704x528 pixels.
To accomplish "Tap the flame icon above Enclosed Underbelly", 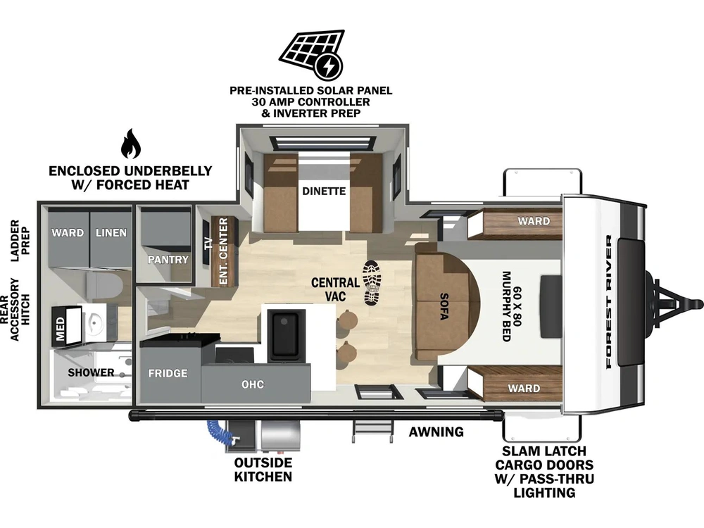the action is click(131, 144).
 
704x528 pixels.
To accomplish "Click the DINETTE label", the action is click(324, 191).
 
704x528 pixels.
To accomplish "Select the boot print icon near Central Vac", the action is click(372, 283).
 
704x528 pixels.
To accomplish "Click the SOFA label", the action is click(444, 306).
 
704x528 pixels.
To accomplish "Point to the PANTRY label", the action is click(168, 260).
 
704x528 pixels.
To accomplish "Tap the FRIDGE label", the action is click(168, 373).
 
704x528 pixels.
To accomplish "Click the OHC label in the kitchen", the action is click(253, 384).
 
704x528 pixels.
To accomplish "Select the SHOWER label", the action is click(91, 372).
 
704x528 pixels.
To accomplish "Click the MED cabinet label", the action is click(60, 329).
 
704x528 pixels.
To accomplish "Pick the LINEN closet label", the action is click(111, 232).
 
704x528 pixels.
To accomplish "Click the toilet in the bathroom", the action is click(104, 287).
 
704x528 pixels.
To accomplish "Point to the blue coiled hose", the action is click(218, 432).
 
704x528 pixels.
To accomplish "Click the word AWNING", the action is click(436, 432).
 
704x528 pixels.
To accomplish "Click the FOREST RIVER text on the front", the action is click(608, 302).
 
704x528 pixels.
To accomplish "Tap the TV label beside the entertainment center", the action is click(208, 243).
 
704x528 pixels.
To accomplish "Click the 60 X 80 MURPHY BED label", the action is click(511, 307).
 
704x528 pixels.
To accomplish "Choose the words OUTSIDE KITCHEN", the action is click(263, 470).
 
